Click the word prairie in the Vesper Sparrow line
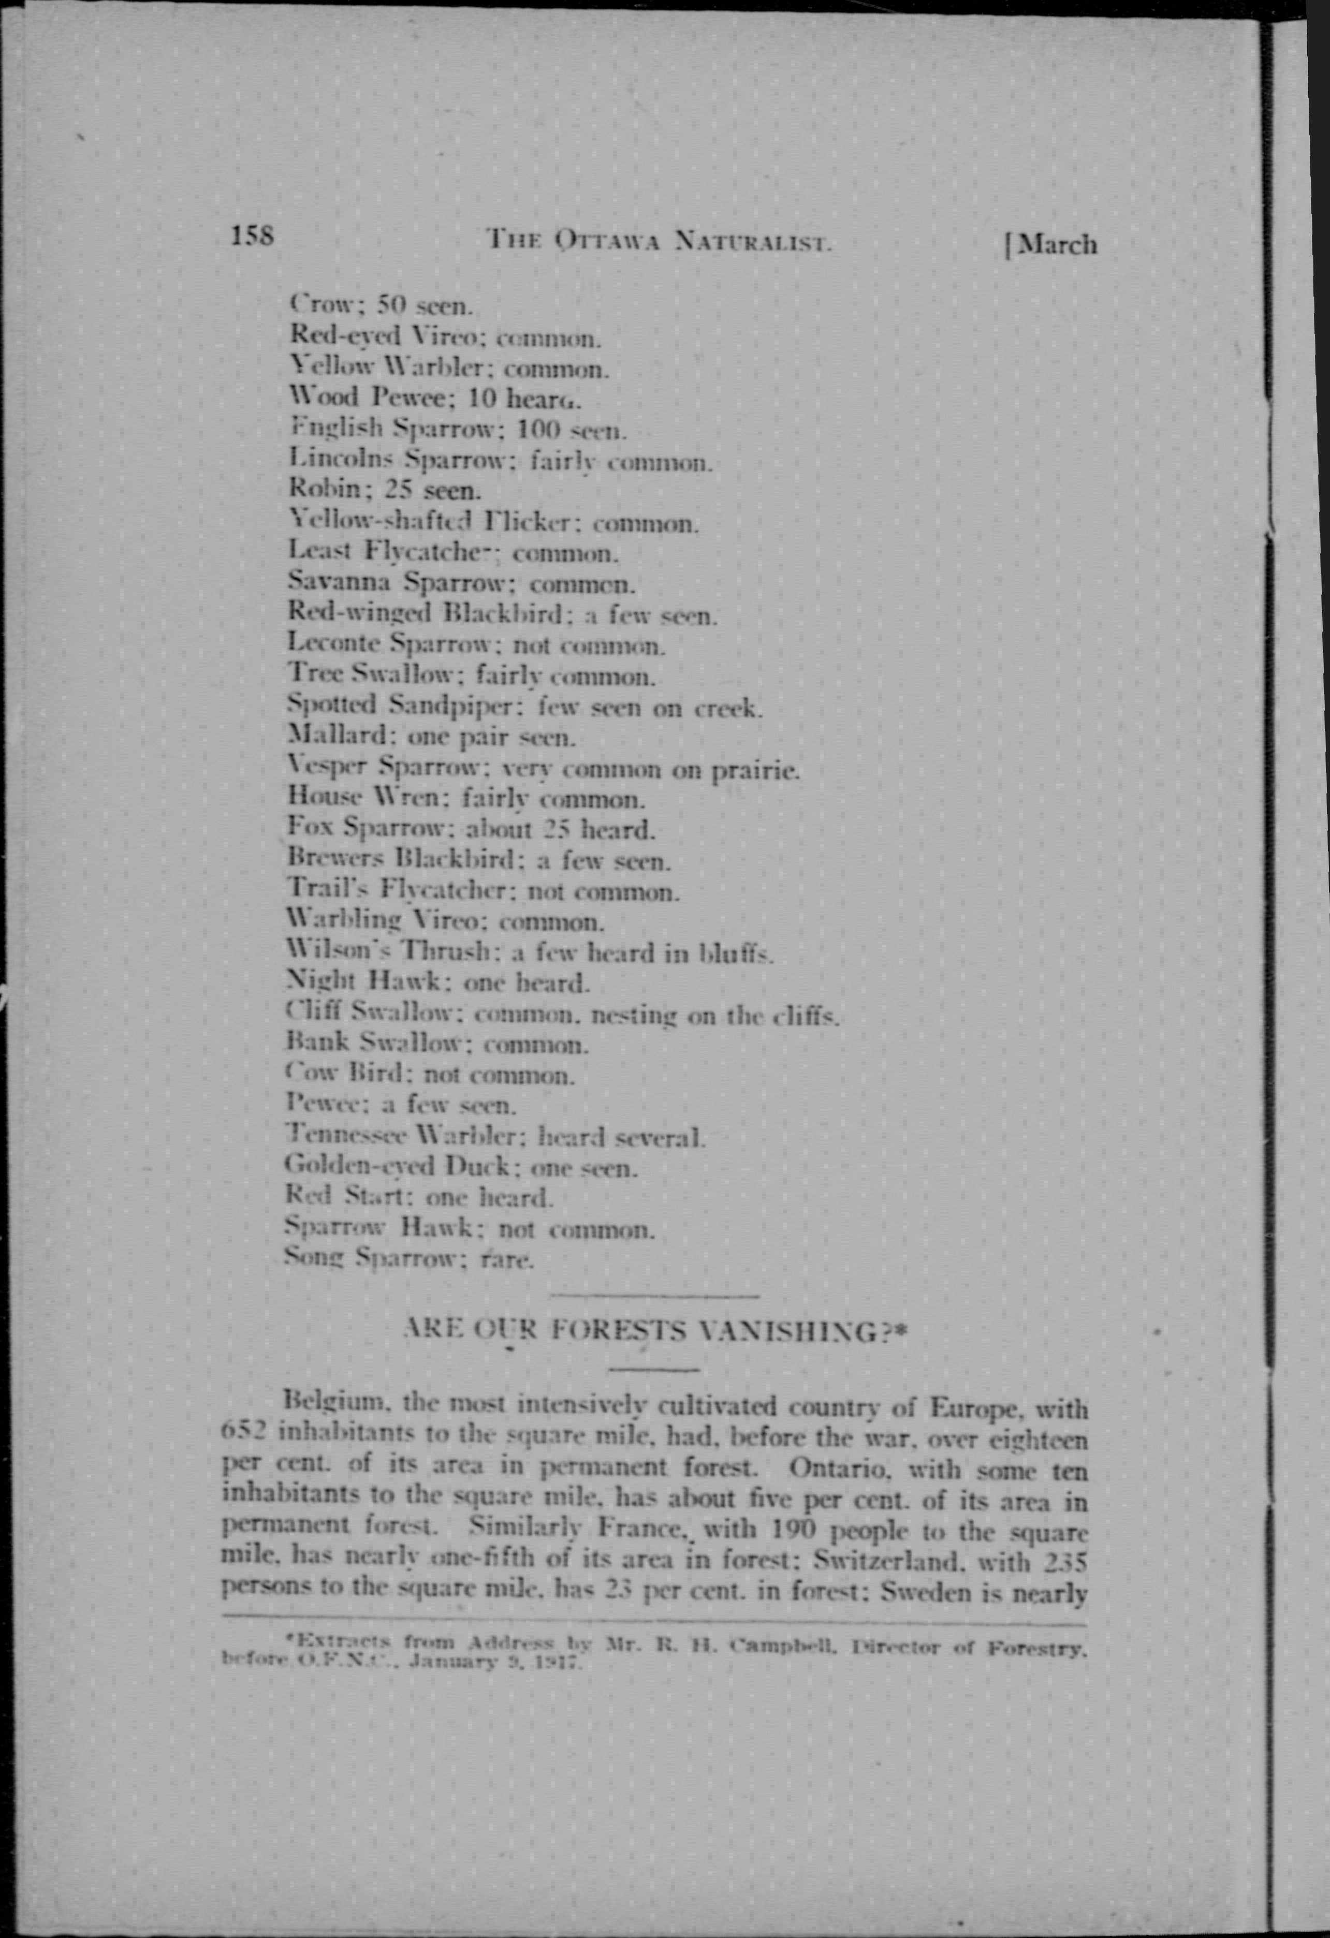pos(755,771)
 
